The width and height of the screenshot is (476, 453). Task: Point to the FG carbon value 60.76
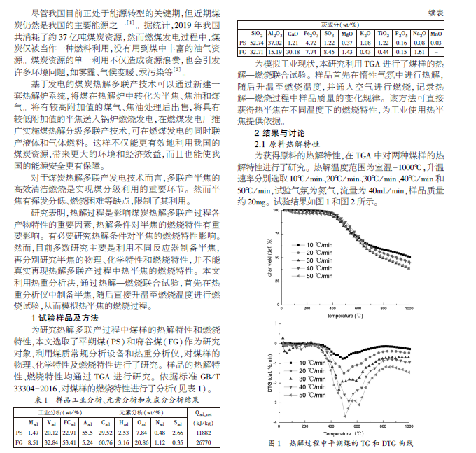point(106,442)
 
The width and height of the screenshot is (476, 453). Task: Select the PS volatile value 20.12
point(50,433)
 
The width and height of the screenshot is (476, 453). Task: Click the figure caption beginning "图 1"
point(341,444)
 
